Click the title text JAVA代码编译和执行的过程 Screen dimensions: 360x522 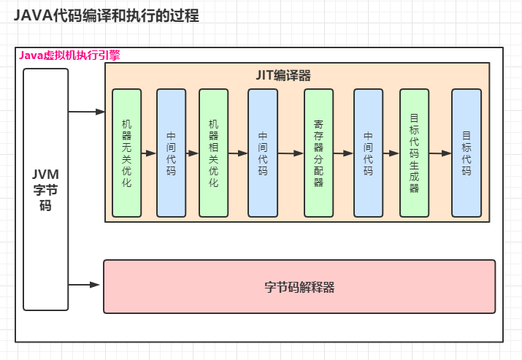click(x=106, y=15)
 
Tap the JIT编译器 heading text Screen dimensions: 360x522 click(x=283, y=75)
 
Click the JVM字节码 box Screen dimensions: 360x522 click(x=45, y=189)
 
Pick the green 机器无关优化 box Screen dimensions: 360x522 click(x=126, y=153)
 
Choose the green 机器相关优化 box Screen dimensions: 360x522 click(x=213, y=153)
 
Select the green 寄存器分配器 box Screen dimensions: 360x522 click(x=318, y=153)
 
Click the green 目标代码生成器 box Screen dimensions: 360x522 click(x=414, y=153)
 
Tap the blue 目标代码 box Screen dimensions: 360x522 click(x=466, y=153)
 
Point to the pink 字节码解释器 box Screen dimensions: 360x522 click(x=299, y=286)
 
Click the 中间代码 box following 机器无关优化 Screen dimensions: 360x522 click(x=171, y=153)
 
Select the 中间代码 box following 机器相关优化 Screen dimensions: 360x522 click(x=263, y=153)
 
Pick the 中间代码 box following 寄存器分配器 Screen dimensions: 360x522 click(x=368, y=153)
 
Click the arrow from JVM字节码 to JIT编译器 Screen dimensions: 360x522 click(x=87, y=112)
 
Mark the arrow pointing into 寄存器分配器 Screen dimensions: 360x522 click(x=291, y=154)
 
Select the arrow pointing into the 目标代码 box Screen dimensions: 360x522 click(x=440, y=154)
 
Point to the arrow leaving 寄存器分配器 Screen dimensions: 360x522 click(x=343, y=154)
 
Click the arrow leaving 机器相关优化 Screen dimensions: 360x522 click(x=237, y=154)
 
